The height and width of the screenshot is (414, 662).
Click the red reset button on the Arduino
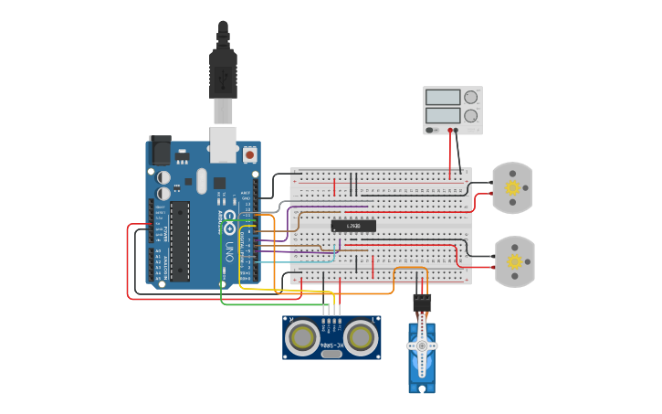click(249, 155)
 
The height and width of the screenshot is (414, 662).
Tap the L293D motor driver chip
click(352, 226)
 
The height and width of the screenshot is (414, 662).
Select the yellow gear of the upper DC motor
click(512, 188)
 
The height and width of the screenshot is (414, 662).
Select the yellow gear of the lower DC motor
click(514, 261)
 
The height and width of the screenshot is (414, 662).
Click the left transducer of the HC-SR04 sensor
click(302, 338)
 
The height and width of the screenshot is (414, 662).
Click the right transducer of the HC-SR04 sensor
click(360, 338)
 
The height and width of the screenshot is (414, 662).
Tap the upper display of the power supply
click(443, 97)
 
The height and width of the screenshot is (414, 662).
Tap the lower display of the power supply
click(443, 115)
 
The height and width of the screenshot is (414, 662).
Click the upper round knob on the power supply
click(470, 97)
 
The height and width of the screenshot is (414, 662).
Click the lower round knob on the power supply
click(470, 115)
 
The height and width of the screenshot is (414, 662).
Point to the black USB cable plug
click(223, 73)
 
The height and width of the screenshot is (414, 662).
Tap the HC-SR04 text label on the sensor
click(331, 345)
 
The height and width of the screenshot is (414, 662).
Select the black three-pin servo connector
click(422, 302)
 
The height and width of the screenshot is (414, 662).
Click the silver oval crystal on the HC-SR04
click(331, 354)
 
